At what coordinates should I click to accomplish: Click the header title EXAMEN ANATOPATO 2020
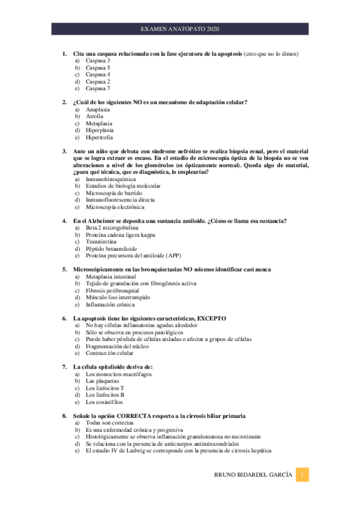[x=180, y=29]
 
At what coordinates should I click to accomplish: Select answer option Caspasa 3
[x=98, y=61]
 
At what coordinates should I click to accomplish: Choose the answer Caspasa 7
[x=98, y=88]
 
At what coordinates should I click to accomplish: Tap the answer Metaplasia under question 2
[x=99, y=123]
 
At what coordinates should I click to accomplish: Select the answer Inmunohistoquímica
[x=111, y=179]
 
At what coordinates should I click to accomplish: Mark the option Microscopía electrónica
[x=115, y=206]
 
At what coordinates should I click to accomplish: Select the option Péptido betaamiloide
[x=111, y=248]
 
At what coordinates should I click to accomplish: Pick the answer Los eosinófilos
[x=104, y=401]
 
